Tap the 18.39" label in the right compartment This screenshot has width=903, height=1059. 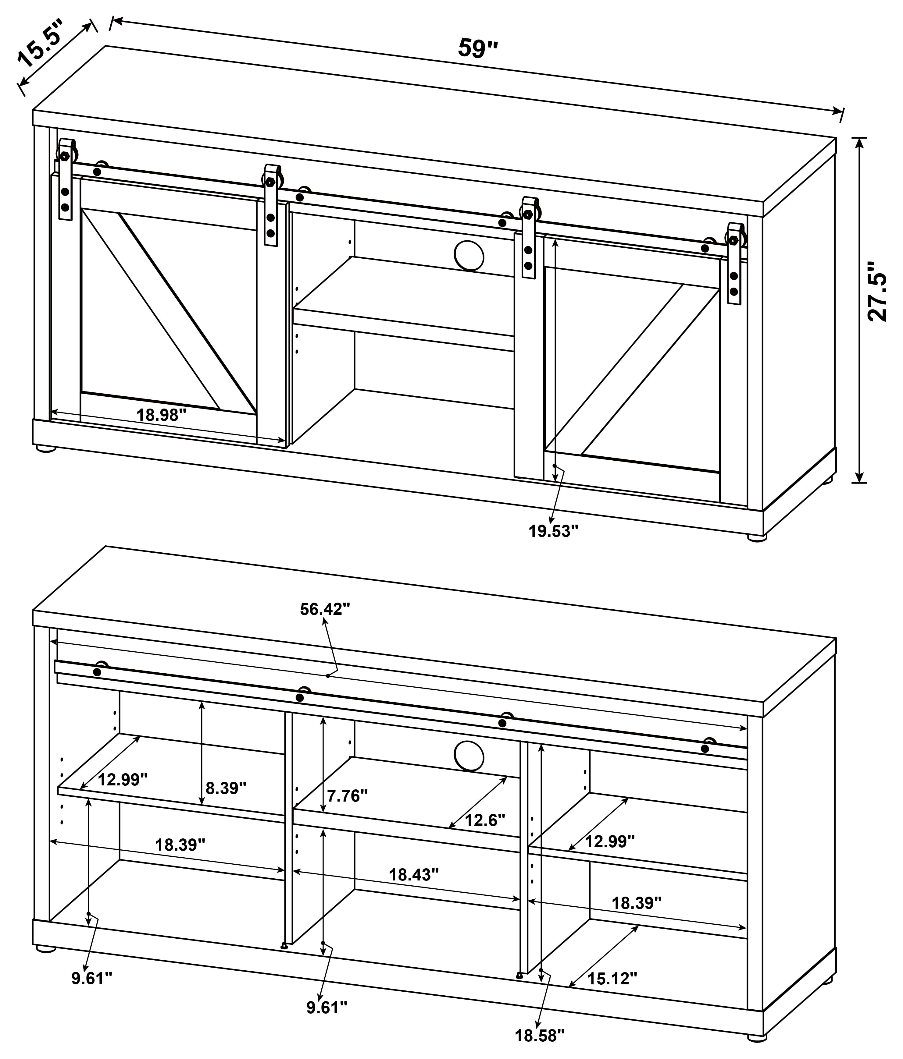(x=637, y=903)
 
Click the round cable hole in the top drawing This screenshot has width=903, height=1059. (x=469, y=256)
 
